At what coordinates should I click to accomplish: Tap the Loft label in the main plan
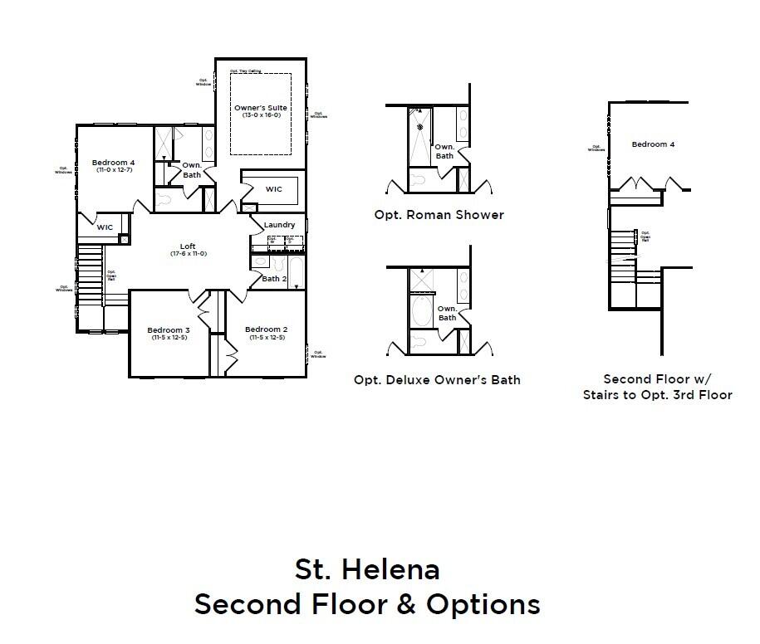click(x=189, y=246)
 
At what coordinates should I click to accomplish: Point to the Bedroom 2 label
click(x=266, y=329)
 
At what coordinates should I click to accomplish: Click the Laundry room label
click(x=279, y=225)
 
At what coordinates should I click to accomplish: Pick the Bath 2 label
click(x=274, y=279)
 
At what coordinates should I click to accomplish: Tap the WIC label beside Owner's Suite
click(x=274, y=189)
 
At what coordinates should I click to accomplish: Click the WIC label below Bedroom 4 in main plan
click(x=105, y=227)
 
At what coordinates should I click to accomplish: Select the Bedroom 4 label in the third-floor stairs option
click(x=653, y=144)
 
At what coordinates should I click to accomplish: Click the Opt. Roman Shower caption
click(x=439, y=215)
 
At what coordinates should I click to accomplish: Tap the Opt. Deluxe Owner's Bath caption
click(x=437, y=380)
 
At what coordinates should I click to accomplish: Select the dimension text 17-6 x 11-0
click(x=189, y=253)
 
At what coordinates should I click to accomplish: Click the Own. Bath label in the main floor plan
click(x=192, y=169)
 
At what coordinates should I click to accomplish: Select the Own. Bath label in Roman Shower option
click(x=445, y=151)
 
